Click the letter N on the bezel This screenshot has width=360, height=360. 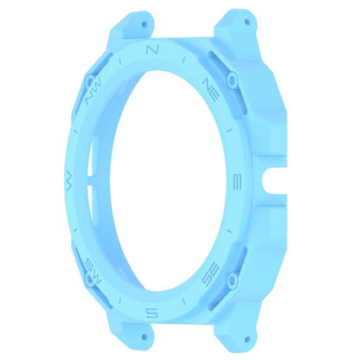[152, 50]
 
